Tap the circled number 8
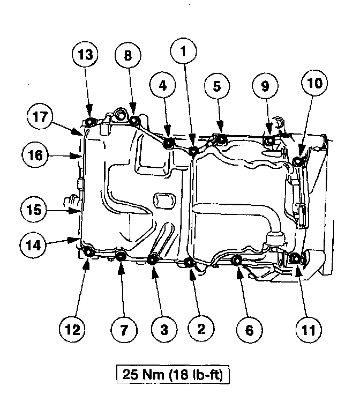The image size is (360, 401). (127, 55)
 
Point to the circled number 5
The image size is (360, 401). (217, 86)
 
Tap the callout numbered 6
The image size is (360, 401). (249, 329)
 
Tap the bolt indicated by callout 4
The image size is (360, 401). (168, 143)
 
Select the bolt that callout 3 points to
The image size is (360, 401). (152, 260)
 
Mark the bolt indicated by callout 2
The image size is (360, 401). (189, 262)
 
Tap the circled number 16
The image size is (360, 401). (36, 155)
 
